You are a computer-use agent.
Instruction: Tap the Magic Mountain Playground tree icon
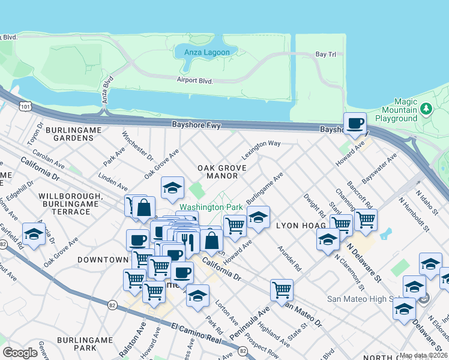point(426,109)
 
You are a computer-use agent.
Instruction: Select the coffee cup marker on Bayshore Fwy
point(355,123)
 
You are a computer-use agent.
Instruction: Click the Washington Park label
point(211,206)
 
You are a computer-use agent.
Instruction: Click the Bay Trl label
point(325,55)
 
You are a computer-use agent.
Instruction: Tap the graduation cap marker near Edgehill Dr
point(34,234)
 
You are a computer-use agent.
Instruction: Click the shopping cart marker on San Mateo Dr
point(281,290)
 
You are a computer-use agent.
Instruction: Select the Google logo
point(20,352)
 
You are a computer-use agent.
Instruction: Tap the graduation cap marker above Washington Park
point(172,188)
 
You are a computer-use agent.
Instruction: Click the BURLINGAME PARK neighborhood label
point(85,344)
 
